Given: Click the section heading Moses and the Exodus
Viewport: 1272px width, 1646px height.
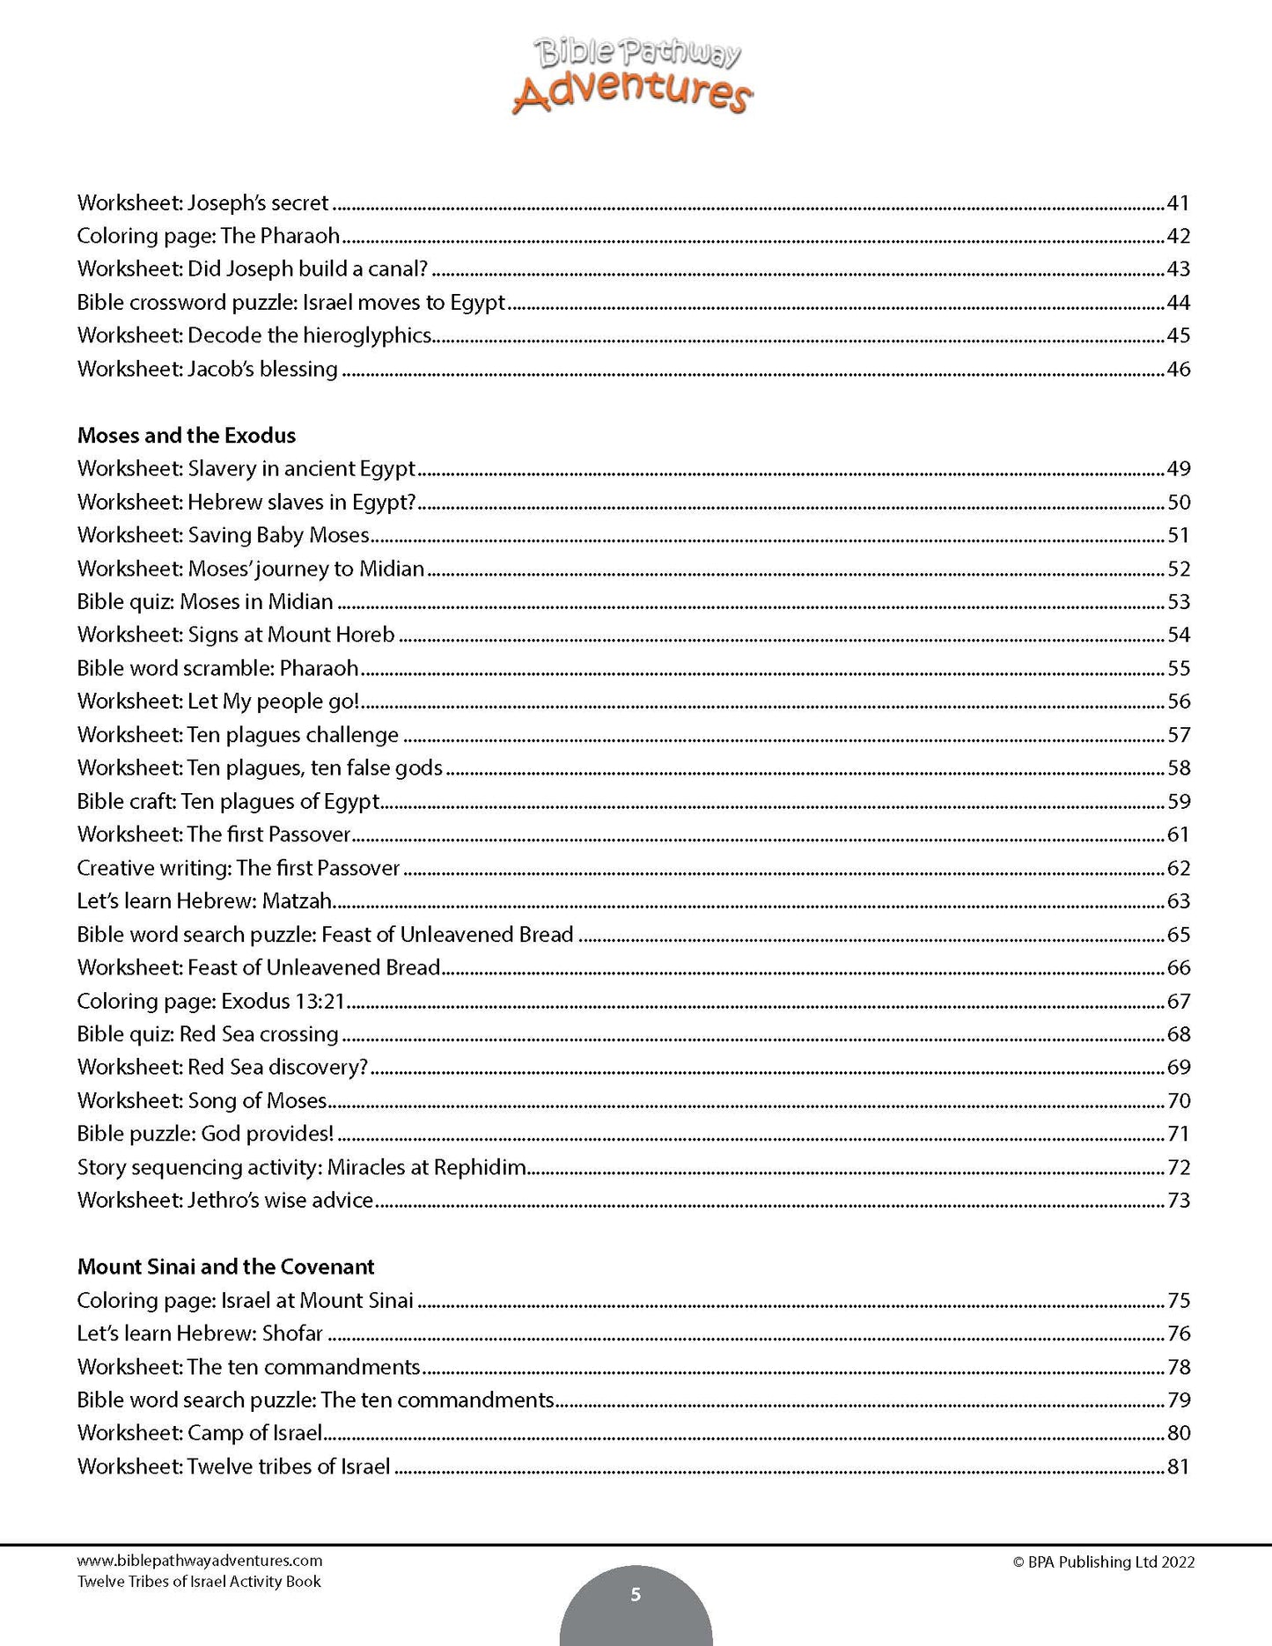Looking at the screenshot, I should pos(187,436).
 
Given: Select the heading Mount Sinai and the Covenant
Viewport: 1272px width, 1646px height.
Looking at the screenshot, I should pos(225,1267).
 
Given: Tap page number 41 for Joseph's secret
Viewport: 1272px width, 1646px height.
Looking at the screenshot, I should pos(1178,203).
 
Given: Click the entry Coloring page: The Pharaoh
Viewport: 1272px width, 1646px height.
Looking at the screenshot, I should pos(208,236).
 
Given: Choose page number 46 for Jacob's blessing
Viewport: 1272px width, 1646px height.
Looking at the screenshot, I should pos(1178,369).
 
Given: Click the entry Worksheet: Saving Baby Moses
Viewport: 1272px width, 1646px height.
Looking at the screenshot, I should pos(224,535).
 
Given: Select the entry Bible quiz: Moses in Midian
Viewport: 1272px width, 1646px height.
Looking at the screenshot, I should pos(205,602).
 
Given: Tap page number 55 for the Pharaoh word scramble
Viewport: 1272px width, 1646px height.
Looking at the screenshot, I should pos(1178,668).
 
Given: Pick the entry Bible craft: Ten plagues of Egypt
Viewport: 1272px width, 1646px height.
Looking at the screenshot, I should pos(228,801).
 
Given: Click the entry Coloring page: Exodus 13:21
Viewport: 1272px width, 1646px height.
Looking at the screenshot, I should pos(210,1001).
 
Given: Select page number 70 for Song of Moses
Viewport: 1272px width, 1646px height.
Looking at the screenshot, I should pos(1178,1101).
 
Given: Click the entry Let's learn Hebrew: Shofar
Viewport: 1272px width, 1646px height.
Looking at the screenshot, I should pos(200,1334).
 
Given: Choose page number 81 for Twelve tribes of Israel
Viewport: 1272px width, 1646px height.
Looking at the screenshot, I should pos(1178,1466).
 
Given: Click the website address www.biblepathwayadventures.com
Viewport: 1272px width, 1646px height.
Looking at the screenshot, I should pos(200,1561).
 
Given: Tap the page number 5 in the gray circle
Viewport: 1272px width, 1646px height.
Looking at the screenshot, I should pos(636,1595).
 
